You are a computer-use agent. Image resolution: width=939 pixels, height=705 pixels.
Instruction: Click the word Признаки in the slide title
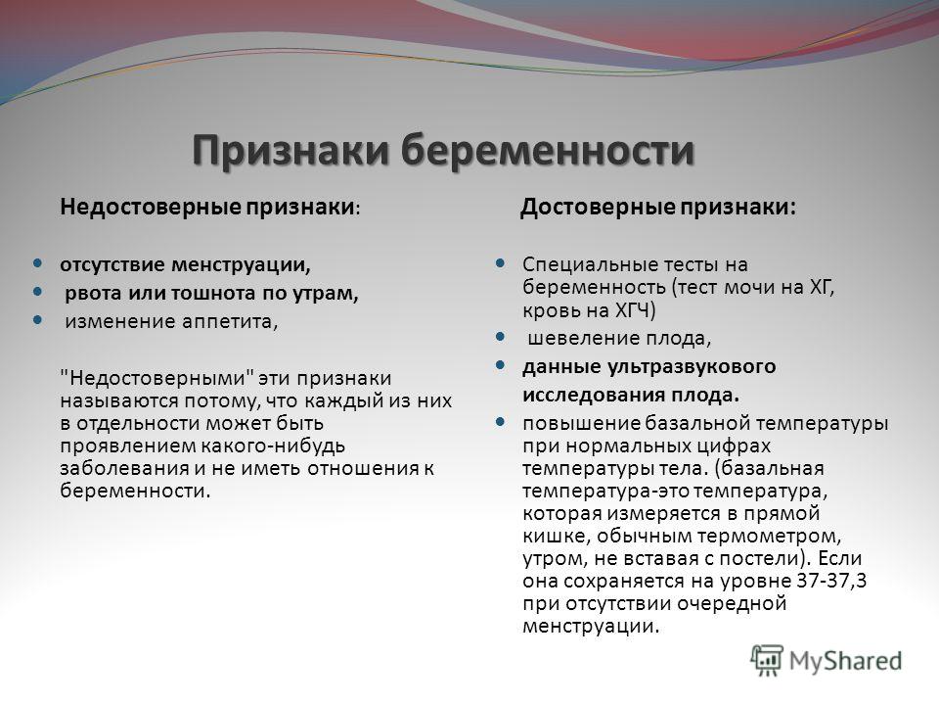pyautogui.click(x=291, y=150)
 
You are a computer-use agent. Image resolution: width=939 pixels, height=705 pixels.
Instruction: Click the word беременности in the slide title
pyautogui.click(x=548, y=150)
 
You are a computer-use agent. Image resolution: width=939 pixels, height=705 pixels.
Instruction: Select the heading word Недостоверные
pyautogui.click(x=151, y=208)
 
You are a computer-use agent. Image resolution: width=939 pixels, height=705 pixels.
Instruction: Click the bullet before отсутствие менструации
pyautogui.click(x=38, y=262)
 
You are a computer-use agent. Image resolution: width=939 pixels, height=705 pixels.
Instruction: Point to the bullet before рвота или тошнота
pyautogui.click(x=38, y=292)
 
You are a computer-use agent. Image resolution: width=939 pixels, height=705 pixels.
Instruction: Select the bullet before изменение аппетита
pyautogui.click(x=38, y=320)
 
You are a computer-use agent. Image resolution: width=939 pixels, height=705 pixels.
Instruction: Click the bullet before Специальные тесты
pyautogui.click(x=501, y=262)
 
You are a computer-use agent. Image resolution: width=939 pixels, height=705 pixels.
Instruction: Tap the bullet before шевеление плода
pyautogui.click(x=501, y=337)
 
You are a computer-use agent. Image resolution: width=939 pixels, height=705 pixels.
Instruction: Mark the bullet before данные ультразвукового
pyautogui.click(x=501, y=365)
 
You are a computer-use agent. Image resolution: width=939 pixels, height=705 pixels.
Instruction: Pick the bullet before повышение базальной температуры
pyautogui.click(x=501, y=422)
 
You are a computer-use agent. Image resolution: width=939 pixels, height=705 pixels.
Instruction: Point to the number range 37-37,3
pyautogui.click(x=832, y=581)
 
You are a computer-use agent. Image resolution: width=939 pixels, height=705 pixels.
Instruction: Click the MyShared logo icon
pyautogui.click(x=767, y=661)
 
